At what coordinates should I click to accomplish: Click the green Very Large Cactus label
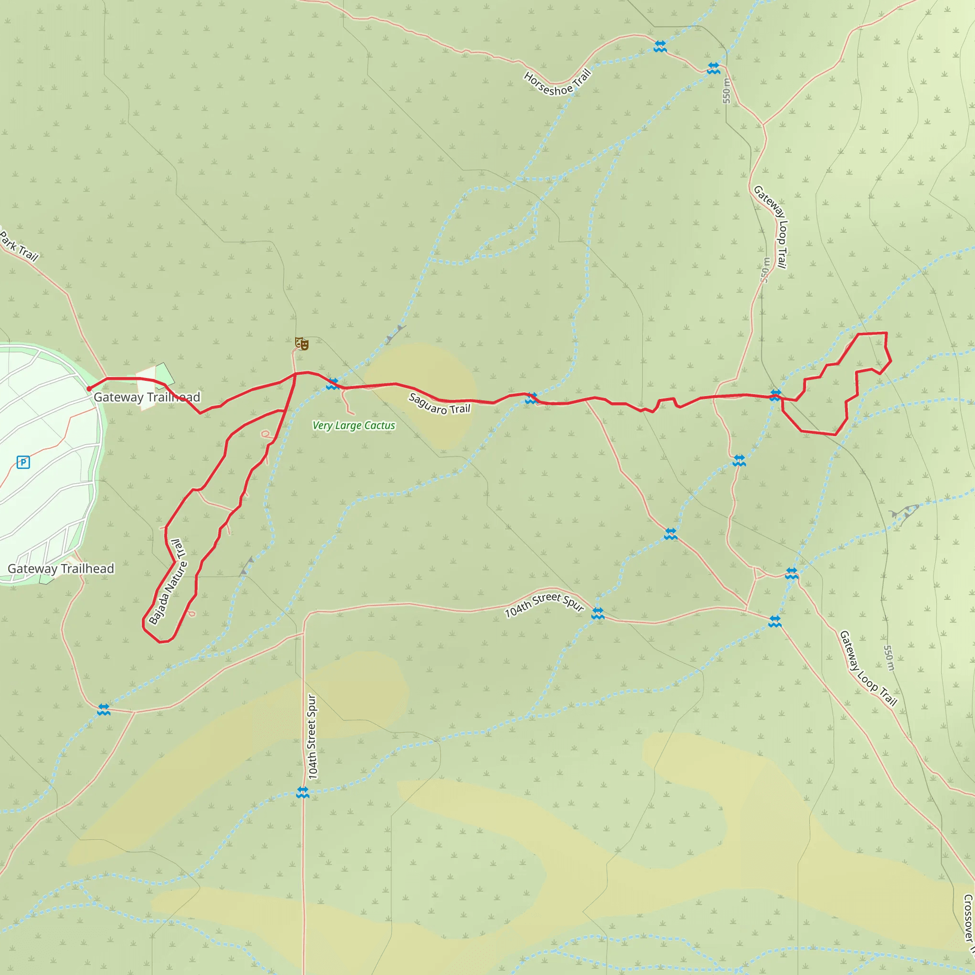pyautogui.click(x=353, y=426)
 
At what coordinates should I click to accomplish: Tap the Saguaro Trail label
pyautogui.click(x=439, y=404)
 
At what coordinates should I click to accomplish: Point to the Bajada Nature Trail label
pyautogui.click(x=168, y=582)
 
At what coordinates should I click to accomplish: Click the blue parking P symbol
pyautogui.click(x=23, y=462)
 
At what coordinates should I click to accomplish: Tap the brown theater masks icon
pyautogui.click(x=302, y=344)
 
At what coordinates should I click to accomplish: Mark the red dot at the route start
pyautogui.click(x=90, y=388)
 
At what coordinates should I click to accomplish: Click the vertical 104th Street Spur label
pyautogui.click(x=312, y=737)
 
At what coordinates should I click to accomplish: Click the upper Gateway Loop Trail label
pyautogui.click(x=771, y=227)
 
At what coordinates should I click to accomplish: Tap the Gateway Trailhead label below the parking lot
pyautogui.click(x=60, y=569)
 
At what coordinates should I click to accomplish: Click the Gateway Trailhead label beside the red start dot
pyautogui.click(x=147, y=397)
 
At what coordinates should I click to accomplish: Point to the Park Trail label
pyautogui.click(x=19, y=246)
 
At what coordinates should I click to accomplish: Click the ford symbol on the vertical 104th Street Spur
pyautogui.click(x=302, y=792)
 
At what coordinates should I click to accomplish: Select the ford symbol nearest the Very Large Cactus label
pyautogui.click(x=332, y=384)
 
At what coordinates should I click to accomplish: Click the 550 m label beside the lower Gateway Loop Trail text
pyautogui.click(x=889, y=658)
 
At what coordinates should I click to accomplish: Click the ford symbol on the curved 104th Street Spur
pyautogui.click(x=597, y=613)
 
